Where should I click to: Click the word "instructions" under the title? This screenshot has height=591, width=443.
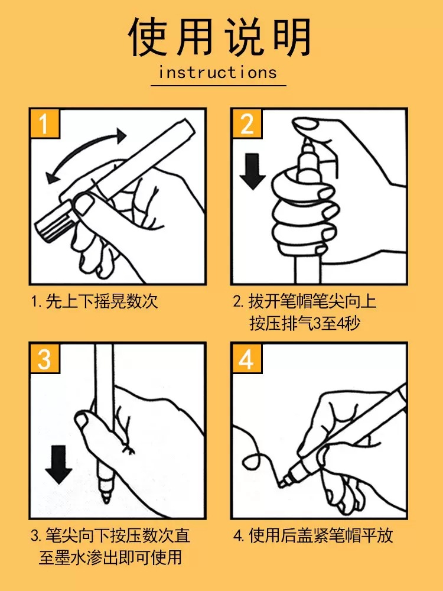tap(218, 72)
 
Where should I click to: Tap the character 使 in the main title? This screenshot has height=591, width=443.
tap(148, 37)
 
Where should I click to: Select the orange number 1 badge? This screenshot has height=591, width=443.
tap(45, 124)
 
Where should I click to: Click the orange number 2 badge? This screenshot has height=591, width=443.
tap(247, 124)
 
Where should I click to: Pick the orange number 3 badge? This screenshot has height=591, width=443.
tap(45, 358)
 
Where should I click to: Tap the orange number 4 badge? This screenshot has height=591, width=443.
tap(247, 358)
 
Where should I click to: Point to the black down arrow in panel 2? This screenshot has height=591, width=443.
tap(252, 171)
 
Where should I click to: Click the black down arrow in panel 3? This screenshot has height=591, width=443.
tap(58, 465)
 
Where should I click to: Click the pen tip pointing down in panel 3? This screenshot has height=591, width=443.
tap(106, 490)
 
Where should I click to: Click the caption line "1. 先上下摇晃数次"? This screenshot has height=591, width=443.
tap(94, 301)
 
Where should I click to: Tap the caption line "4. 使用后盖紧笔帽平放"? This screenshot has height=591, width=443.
tap(313, 535)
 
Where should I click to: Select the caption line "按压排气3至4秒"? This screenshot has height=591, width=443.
tap(305, 323)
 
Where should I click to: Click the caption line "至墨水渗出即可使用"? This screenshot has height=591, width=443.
tap(110, 557)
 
